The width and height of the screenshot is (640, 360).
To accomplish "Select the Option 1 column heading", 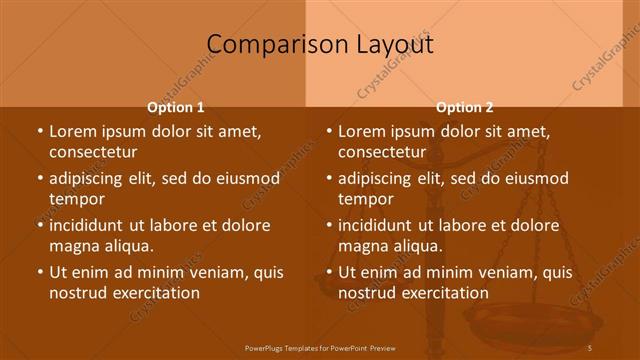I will coord(176,108).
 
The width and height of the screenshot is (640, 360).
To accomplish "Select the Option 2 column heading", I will coord(465,108).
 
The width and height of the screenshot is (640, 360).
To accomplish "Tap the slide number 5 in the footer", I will coord(591,347).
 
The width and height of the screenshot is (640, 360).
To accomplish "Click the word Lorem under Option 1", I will coord(72,131).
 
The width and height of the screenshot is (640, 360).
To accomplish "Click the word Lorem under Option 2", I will coord(361,131).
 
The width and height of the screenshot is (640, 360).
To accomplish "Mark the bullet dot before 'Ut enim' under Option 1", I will coord(39,272).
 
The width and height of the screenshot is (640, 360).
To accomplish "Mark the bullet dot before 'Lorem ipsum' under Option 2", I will coord(328,131).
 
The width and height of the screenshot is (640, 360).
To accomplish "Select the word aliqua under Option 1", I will coord(130,246).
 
